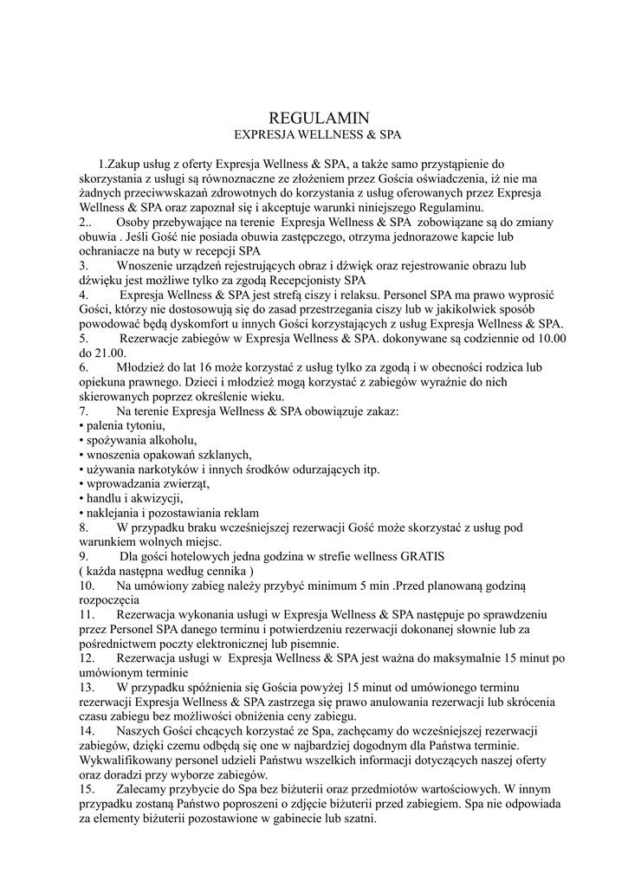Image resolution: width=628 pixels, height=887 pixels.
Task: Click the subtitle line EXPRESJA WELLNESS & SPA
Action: pyautogui.click(x=319, y=135)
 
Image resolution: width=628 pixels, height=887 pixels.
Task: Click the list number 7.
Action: pyautogui.click(x=83, y=411)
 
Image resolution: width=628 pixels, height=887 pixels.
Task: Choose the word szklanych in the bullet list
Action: pyautogui.click(x=223, y=456)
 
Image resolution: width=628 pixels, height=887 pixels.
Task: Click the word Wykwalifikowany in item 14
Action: pyautogui.click(x=127, y=761)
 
